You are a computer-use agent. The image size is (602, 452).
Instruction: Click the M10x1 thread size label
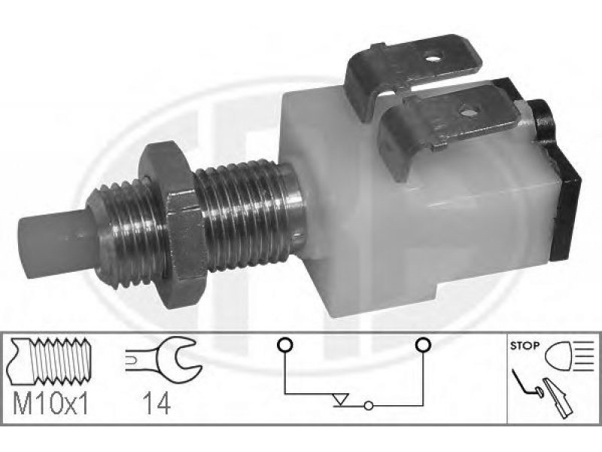(51, 403)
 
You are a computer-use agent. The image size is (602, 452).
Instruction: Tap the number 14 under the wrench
(157, 403)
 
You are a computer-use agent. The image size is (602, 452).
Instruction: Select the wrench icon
(164, 359)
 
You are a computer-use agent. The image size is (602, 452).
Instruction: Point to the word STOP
(524, 346)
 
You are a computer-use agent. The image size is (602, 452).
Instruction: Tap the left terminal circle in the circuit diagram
(284, 345)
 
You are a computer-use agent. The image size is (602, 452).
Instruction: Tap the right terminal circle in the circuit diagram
(423, 345)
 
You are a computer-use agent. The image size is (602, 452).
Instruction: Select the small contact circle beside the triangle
(368, 405)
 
